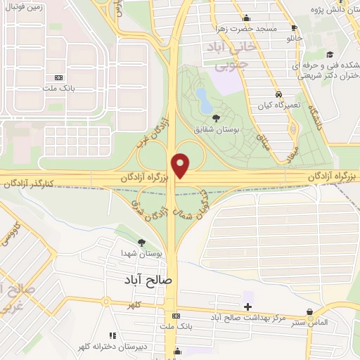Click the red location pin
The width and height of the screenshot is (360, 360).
181,166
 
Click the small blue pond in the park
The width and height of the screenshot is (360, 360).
202,100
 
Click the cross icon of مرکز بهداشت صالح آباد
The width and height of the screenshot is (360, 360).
247,306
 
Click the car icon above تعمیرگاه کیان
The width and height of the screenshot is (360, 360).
278,94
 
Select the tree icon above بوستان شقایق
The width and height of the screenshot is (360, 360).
215,117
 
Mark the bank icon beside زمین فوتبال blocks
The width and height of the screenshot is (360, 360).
59,77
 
